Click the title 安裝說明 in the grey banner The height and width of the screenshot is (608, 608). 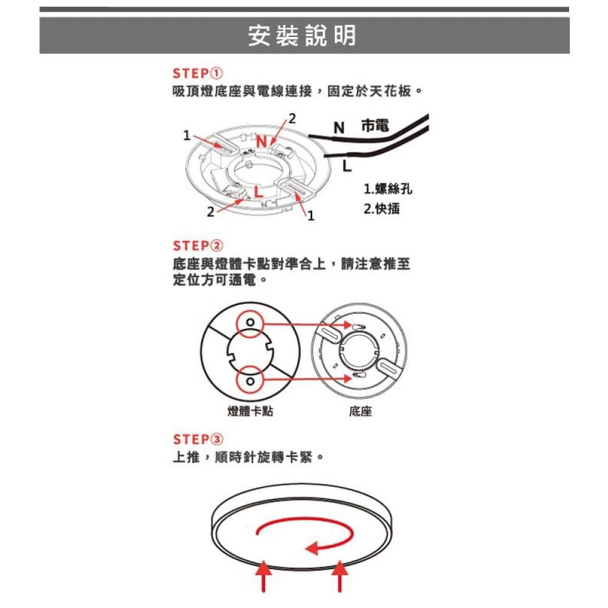pos(302,35)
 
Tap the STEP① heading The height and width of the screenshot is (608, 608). pos(198,74)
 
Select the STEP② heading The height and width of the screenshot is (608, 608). pos(198,246)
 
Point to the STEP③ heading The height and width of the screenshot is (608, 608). pos(198,440)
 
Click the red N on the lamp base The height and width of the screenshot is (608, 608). pos(261,142)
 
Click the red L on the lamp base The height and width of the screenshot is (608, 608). pos(258,192)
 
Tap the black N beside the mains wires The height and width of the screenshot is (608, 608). pos(339,128)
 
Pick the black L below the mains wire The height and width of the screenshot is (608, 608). pos(347,166)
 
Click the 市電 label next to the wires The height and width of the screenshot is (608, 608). pos(375,126)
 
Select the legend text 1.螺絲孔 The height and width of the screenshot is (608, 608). pos(388,189)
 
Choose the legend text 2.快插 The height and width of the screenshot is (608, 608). pos(382,209)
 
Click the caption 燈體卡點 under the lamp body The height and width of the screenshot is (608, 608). pos(250,411)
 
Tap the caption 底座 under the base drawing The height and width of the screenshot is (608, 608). pos(361,411)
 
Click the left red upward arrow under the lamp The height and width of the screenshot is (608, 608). pos(264,576)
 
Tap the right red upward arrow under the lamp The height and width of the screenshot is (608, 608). pos(340,576)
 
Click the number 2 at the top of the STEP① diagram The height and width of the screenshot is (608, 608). pos(292,119)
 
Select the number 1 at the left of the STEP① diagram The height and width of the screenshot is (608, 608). pos(187,136)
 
